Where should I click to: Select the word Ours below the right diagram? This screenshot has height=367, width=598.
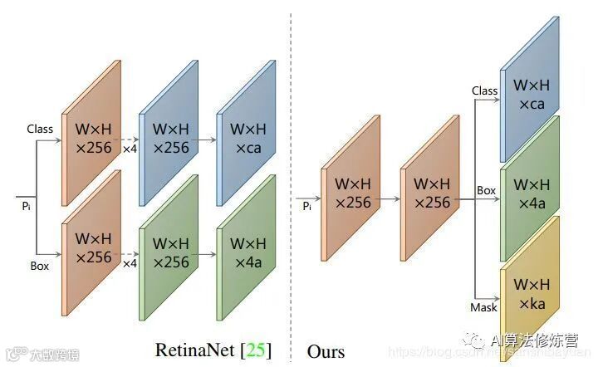point(326,350)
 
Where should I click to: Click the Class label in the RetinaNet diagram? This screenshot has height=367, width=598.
point(40,130)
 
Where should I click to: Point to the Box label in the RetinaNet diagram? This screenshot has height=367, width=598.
point(39,266)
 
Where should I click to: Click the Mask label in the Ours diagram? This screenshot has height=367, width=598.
point(483,307)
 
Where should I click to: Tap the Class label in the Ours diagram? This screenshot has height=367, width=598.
point(484,91)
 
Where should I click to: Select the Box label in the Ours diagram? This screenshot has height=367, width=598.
point(486,191)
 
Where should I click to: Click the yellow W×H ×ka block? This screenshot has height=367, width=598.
point(529,293)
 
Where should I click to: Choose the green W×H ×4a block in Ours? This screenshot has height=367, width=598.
point(529,193)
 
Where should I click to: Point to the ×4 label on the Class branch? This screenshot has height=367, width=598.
point(130,149)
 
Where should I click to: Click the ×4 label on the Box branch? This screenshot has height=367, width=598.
point(130,264)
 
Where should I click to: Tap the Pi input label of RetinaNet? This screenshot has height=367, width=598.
point(27,202)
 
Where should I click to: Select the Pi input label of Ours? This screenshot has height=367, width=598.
point(307,205)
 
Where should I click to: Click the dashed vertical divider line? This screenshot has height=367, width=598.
point(291,166)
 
